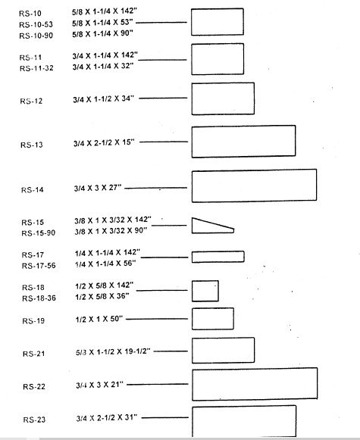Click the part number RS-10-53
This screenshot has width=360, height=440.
coord(36,25)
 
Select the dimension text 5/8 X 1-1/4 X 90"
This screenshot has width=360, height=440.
coord(102,33)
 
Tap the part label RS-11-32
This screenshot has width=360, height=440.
coord(36,68)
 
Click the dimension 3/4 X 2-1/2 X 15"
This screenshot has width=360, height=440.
coord(104,142)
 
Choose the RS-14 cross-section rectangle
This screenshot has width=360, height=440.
coord(192,186)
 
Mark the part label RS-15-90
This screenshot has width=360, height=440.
coord(39,233)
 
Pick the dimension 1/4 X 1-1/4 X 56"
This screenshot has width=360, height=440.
coord(105,264)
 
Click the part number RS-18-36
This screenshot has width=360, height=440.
coord(39,298)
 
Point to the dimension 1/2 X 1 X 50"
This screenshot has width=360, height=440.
coord(99,319)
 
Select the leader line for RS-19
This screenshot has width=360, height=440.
coord(157,319)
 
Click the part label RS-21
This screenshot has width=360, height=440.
coord(33,354)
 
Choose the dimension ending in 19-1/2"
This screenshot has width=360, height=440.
coord(113,351)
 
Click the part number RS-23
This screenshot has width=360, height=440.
coord(34,420)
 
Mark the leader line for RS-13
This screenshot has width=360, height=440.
coord(164,142)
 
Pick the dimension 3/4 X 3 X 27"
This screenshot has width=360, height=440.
coord(98,188)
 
